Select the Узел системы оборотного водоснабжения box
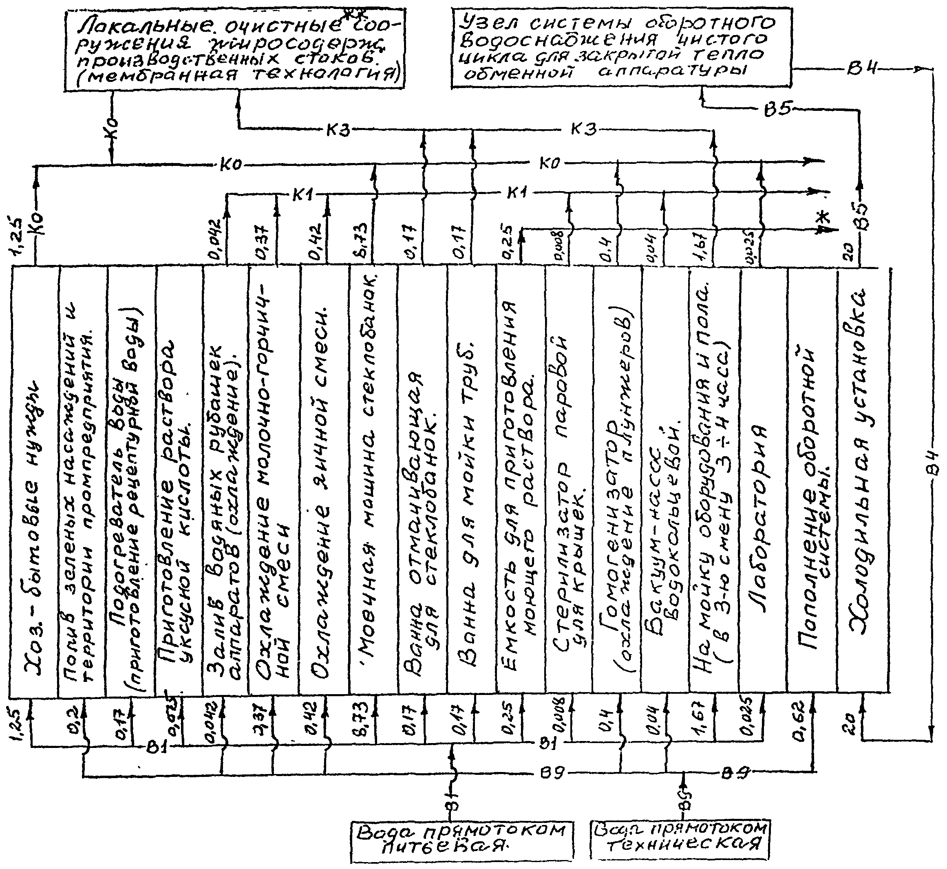(621, 47)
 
